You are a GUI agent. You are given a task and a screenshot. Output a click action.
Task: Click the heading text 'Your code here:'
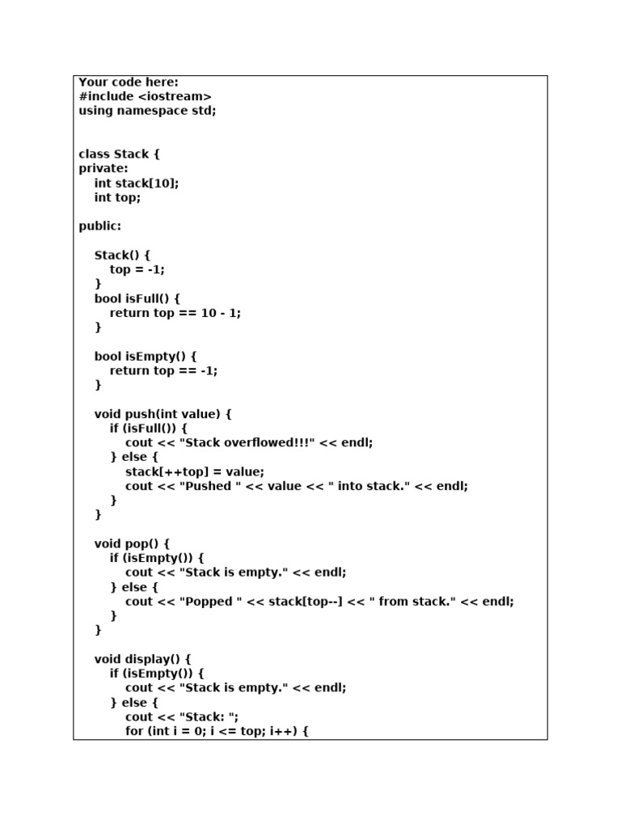tap(129, 82)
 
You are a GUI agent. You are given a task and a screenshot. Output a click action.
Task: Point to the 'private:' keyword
tap(103, 168)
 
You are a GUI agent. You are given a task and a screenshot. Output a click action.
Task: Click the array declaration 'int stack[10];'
tap(137, 183)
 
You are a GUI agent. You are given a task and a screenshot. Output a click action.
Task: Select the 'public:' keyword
tap(99, 226)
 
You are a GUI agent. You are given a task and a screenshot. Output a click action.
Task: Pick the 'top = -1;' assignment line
tap(137, 269)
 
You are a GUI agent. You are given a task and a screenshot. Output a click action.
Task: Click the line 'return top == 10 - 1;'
tap(175, 313)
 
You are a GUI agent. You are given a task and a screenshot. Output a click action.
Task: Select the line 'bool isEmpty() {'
tap(146, 356)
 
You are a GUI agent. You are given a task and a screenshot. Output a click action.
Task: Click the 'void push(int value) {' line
tap(163, 414)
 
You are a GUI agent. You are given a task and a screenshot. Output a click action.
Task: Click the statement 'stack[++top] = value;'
tap(194, 471)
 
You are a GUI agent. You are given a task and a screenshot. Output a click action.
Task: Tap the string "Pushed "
tap(206, 486)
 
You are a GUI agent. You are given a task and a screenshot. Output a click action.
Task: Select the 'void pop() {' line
tap(132, 543)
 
